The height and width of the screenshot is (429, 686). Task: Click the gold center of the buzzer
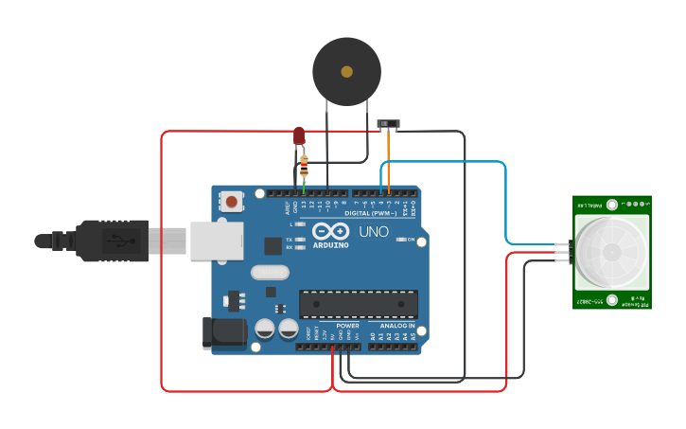(346, 72)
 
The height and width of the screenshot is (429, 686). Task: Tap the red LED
(299, 136)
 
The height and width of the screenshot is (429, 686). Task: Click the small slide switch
(387, 124)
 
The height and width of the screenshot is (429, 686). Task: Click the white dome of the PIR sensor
(611, 252)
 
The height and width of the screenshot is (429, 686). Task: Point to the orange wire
(387, 156)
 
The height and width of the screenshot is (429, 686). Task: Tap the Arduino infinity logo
(330, 231)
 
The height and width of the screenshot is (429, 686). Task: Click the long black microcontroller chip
(358, 304)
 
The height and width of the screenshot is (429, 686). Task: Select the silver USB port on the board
(217, 241)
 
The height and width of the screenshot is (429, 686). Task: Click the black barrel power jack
(224, 333)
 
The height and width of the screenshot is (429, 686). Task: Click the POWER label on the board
(346, 325)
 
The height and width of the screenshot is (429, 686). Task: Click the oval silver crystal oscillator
(270, 273)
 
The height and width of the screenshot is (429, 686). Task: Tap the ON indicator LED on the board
(400, 240)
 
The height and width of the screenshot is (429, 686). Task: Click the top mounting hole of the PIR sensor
(612, 204)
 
